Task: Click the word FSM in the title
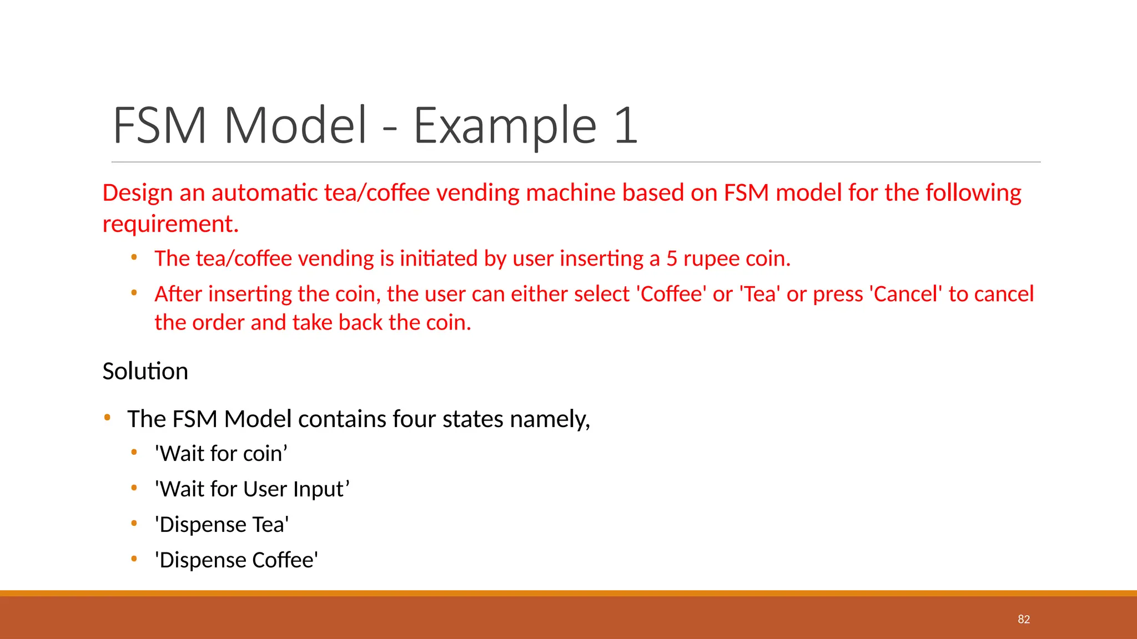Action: (x=160, y=125)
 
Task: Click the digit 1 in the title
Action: (x=626, y=125)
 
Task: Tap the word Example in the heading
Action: (x=504, y=125)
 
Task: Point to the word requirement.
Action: (x=170, y=224)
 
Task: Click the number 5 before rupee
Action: (x=672, y=259)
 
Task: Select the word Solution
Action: (x=145, y=372)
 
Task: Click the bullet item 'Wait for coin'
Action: (x=221, y=454)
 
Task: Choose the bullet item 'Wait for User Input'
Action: (x=252, y=489)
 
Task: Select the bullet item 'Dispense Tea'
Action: (x=222, y=525)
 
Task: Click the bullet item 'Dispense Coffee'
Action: (x=237, y=560)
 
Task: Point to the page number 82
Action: (x=1024, y=620)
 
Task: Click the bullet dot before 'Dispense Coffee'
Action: (x=134, y=559)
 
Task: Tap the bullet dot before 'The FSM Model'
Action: (x=107, y=417)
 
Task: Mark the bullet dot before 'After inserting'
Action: (x=134, y=292)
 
